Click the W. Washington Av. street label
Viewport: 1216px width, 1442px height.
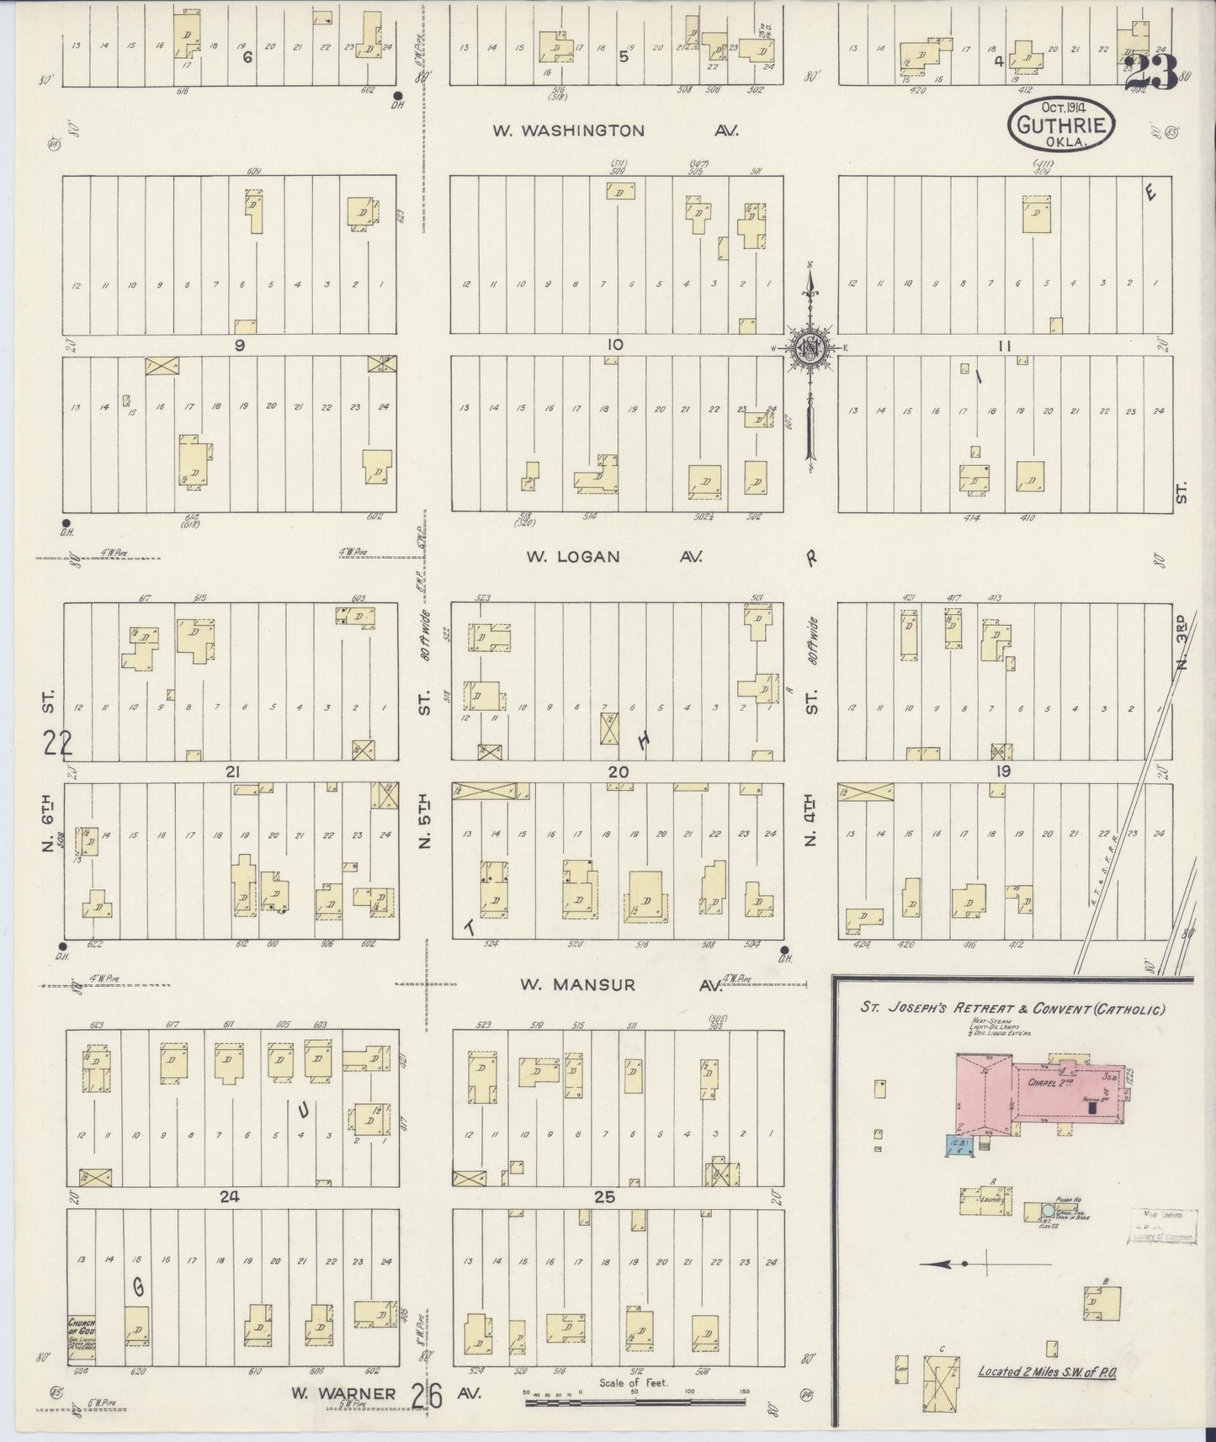click(614, 130)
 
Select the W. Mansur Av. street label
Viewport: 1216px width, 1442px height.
click(613, 984)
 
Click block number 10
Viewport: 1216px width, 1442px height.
click(614, 344)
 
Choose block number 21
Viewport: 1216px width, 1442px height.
click(233, 771)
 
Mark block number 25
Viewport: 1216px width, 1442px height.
click(604, 1197)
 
